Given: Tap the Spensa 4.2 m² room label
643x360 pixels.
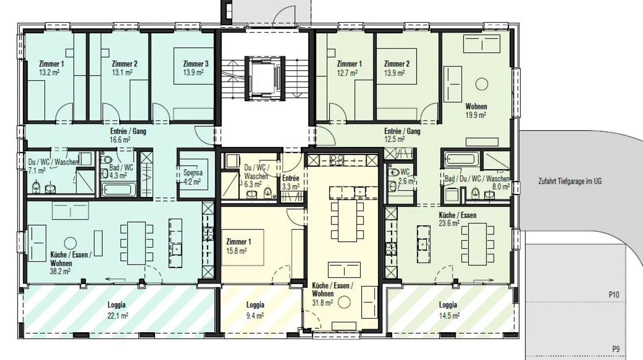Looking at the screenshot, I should click(192, 177).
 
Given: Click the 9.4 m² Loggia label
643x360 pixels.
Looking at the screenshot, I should click(255, 310).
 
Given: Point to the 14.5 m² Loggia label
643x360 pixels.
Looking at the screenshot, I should click(448, 310).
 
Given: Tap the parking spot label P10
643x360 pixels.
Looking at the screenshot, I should click(614, 295).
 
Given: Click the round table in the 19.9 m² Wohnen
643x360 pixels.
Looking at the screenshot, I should click(481, 84).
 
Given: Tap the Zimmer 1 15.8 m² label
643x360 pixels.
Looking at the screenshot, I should click(238, 246).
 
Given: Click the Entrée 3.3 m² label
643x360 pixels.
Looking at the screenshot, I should click(291, 183).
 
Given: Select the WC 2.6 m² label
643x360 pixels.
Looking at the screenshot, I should click(405, 177).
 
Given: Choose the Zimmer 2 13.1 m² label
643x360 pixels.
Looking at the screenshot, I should click(125, 68).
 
